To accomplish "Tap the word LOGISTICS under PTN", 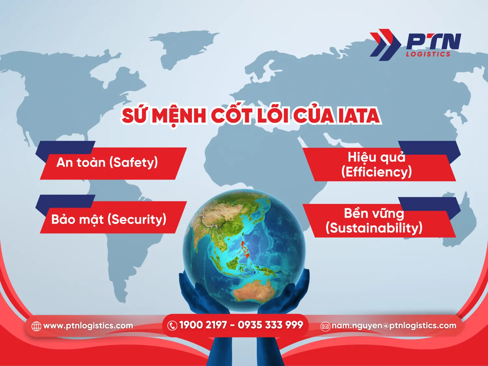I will click(428, 54).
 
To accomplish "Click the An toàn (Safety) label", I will click(107, 162).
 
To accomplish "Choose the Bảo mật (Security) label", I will click(109, 219).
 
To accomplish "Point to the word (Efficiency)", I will click(376, 172).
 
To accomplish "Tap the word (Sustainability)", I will click(374, 228).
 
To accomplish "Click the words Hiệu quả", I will click(376, 157).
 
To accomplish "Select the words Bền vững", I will click(374, 213).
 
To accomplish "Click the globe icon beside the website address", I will click(36, 326).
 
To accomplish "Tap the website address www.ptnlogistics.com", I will click(88, 326).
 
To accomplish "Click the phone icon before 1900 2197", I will click(172, 325).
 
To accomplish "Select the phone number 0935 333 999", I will click(270, 325).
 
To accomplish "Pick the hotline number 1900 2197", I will click(203, 325).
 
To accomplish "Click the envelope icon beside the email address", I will click(325, 326).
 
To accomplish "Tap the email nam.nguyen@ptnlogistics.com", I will click(394, 326).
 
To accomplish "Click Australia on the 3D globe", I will click(254, 290).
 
